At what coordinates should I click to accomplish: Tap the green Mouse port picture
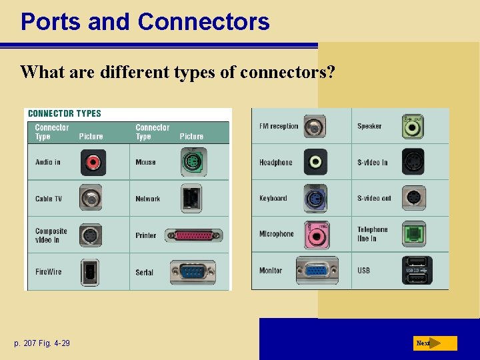click(191, 162)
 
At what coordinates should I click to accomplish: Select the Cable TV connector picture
click(91, 198)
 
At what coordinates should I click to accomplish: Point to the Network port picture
click(191, 198)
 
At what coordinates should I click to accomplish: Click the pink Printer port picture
click(193, 235)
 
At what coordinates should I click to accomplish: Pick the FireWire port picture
click(90, 271)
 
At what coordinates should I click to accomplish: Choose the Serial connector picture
click(193, 272)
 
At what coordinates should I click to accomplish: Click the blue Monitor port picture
click(317, 271)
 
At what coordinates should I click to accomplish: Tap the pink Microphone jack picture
click(315, 234)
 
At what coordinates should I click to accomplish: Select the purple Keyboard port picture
click(315, 198)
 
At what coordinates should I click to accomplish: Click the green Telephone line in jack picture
click(414, 234)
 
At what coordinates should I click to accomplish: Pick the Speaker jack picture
click(414, 126)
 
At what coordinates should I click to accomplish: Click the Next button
click(434, 343)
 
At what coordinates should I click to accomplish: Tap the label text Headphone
click(275, 162)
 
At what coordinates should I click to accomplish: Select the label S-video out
click(374, 198)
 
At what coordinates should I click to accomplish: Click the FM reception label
click(279, 126)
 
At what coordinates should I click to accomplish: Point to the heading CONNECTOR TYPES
click(65, 113)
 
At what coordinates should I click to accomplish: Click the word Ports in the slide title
click(51, 21)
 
